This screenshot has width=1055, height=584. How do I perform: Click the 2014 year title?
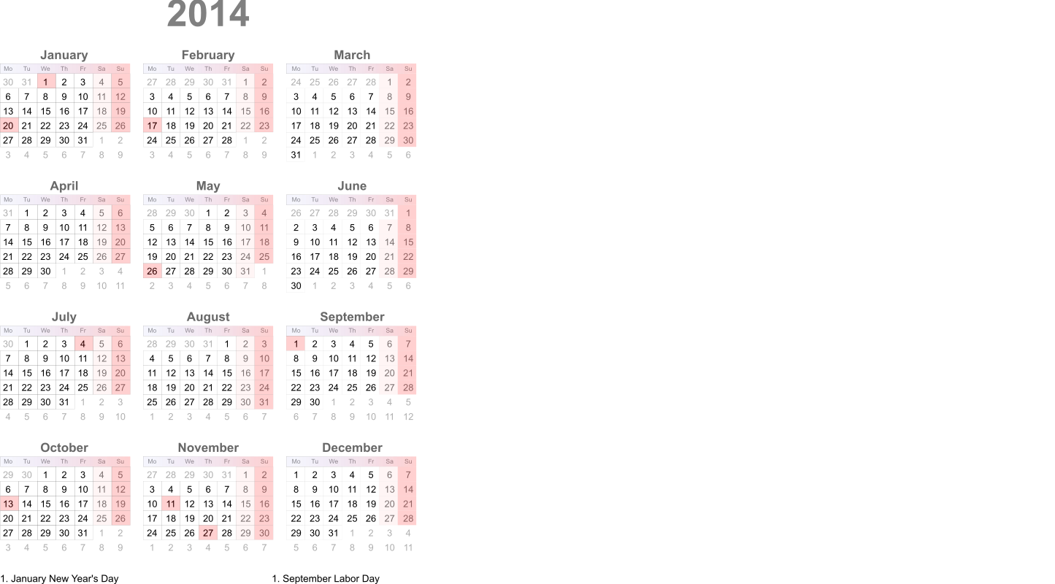[208, 15]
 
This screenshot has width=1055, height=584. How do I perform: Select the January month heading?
[64, 55]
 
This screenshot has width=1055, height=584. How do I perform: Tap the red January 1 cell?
[46, 82]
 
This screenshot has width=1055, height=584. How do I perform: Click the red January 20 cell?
[9, 126]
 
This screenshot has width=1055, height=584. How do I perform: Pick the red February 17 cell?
[152, 126]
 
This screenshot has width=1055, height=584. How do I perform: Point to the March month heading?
[352, 55]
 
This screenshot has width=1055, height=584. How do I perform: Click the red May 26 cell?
[152, 271]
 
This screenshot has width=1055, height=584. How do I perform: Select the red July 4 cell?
[83, 344]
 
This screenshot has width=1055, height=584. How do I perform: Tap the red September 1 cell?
[296, 344]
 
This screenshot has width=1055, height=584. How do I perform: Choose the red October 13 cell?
[9, 504]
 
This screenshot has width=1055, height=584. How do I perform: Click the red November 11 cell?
[171, 504]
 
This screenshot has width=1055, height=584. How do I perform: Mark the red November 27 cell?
[208, 533]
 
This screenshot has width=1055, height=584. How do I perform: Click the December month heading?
[352, 447]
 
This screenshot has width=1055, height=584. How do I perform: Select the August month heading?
[208, 317]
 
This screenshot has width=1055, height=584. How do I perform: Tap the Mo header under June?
[296, 199]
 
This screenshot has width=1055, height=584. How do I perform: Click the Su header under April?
[120, 199]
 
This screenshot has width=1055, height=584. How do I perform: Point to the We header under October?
[45, 461]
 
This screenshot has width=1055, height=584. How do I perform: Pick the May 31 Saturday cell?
[245, 271]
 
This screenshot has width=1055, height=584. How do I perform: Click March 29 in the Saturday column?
[389, 140]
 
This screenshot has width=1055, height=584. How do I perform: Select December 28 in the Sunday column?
[408, 518]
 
